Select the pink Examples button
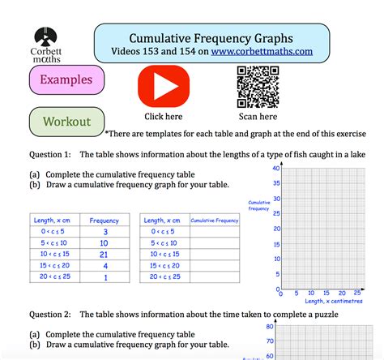coord(66,80)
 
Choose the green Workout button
coord(66,122)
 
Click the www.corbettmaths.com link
coord(262,51)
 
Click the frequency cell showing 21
coord(105,254)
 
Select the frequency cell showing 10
coord(105,242)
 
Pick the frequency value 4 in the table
coord(105,265)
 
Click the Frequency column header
coord(105,220)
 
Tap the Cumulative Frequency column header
coord(215,220)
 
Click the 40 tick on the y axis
coord(276,168)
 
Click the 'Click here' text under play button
coord(164,117)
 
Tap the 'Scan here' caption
coord(253,117)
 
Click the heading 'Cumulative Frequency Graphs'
coord(211,37)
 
